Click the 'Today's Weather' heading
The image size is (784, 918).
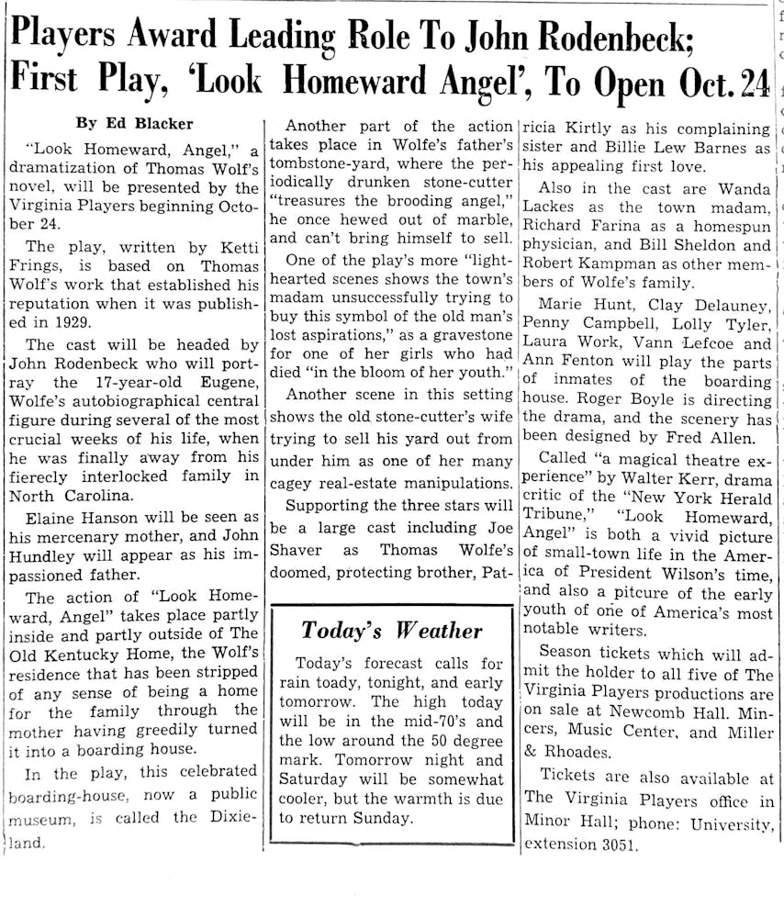click(x=392, y=631)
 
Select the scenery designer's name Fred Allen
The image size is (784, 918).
click(x=731, y=440)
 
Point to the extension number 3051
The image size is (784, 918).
click(x=611, y=844)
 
